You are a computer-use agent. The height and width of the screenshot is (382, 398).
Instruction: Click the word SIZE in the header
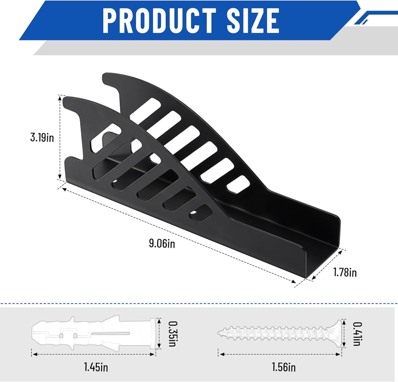(x=253, y=21)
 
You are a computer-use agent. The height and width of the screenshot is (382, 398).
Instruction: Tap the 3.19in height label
(x=42, y=137)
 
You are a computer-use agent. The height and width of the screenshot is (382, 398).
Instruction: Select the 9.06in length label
(x=162, y=244)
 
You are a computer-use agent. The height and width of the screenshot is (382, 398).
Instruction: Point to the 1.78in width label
(x=345, y=272)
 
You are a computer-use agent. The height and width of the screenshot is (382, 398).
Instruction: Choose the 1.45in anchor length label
(x=96, y=367)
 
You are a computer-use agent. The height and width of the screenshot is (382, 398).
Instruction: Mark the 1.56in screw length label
(x=284, y=367)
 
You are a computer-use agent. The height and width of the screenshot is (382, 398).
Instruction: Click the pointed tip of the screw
(x=220, y=333)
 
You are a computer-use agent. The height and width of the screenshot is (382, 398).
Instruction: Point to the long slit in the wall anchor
(x=110, y=333)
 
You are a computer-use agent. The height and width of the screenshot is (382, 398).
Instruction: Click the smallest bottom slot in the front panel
(x=201, y=214)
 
